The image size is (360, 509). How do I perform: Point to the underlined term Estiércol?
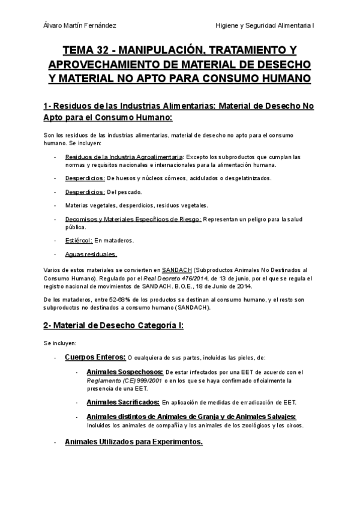click(78, 241)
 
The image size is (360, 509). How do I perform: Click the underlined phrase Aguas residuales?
click(91, 254)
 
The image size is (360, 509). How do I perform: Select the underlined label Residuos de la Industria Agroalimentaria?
click(115, 157)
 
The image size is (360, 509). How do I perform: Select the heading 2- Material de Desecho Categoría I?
click(113, 325)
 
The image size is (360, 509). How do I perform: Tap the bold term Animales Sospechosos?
click(125, 372)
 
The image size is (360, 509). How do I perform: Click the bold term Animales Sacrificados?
click(123, 402)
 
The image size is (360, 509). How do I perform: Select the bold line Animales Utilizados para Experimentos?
click(134, 442)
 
